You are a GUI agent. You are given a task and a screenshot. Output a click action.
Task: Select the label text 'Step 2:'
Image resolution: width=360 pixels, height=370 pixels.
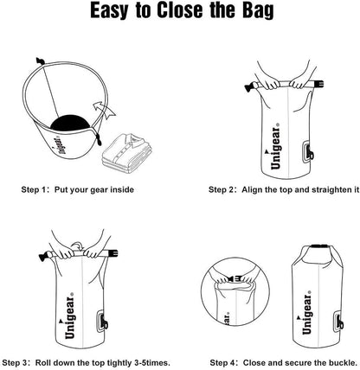pyautogui.click(x=226, y=188)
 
